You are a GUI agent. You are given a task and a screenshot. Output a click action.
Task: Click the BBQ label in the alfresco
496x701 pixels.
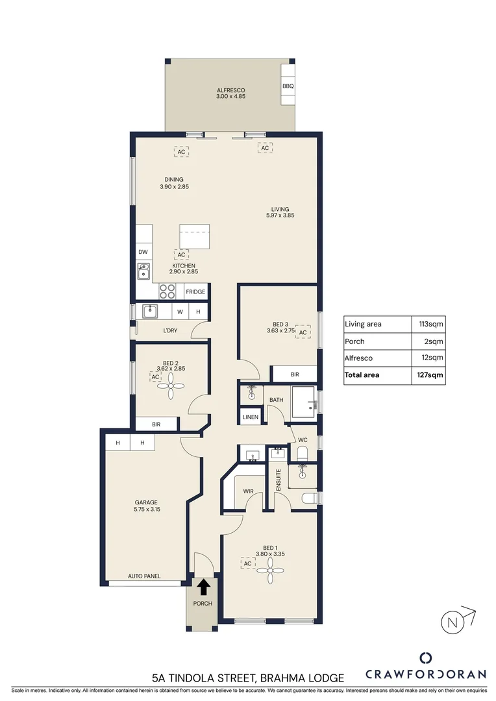288,86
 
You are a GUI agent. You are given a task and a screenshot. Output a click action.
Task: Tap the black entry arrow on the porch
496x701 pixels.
203,587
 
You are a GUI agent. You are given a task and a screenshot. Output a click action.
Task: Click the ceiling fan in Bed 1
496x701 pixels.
267,572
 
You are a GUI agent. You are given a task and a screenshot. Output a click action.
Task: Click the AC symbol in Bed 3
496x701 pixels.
303,332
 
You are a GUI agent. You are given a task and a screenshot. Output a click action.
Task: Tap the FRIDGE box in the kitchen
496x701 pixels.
195,292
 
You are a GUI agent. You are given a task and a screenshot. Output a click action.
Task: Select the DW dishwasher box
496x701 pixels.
143,252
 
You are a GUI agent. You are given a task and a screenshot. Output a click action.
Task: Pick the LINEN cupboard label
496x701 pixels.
251,417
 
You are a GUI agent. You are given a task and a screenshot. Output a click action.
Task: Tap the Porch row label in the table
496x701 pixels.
356,341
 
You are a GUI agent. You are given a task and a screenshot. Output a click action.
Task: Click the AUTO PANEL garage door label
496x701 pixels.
144,576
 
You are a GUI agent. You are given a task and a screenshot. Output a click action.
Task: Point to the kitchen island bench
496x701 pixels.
195,237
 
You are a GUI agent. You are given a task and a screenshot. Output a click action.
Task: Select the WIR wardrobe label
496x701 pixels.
248,492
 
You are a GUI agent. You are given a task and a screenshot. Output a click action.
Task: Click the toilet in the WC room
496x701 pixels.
303,452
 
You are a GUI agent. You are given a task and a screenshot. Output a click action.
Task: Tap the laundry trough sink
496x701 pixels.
151,312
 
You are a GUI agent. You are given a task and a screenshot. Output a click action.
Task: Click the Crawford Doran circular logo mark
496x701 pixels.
425,658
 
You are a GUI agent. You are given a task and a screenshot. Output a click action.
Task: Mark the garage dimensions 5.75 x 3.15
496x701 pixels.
146,510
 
